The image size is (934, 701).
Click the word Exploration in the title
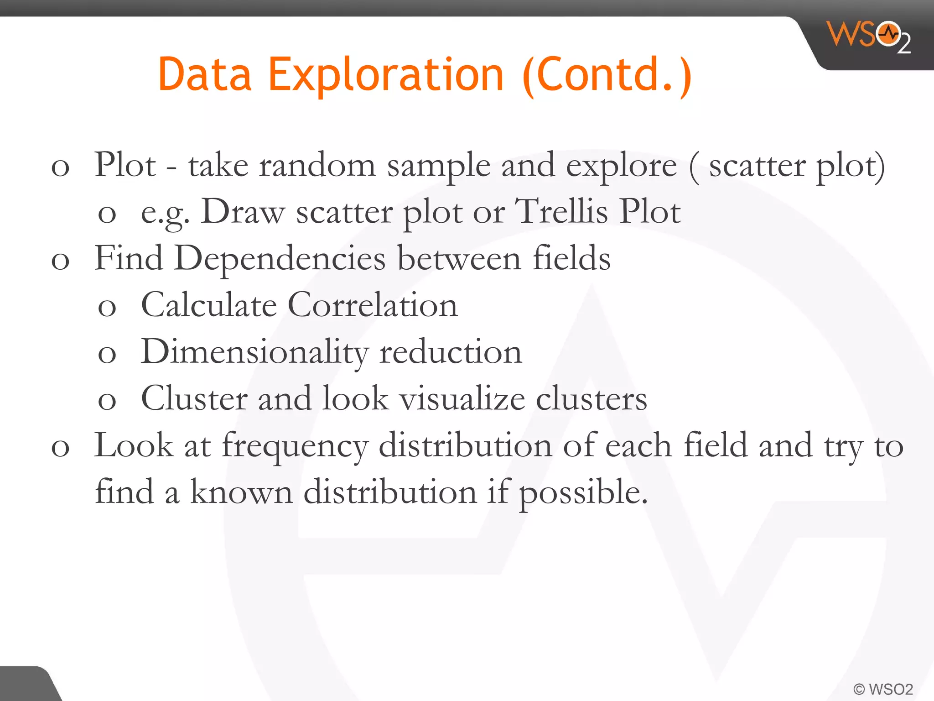click(x=386, y=74)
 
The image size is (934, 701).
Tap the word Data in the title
click(x=205, y=74)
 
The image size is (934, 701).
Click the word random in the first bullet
click(x=317, y=165)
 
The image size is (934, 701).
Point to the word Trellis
click(x=561, y=212)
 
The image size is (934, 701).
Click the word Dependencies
click(x=280, y=259)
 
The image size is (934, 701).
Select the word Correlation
click(x=372, y=305)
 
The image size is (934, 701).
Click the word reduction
click(x=451, y=352)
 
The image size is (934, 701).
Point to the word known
click(x=241, y=492)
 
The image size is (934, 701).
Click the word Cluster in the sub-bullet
click(x=194, y=398)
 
